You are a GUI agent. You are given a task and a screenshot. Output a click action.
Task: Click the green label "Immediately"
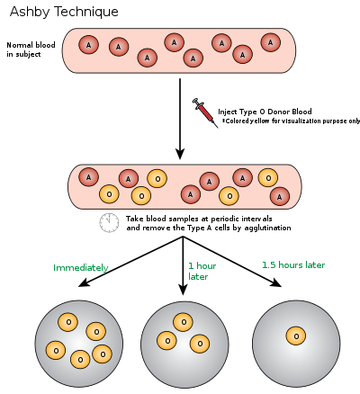tap(81, 268)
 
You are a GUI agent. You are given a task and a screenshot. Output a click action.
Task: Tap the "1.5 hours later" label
tap(293, 265)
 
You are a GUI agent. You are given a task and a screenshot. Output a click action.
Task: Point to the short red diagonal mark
tap(205, 112)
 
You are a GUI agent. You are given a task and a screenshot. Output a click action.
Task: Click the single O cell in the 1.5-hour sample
tap(296, 336)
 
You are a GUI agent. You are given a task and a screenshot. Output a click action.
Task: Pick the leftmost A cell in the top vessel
tap(88, 45)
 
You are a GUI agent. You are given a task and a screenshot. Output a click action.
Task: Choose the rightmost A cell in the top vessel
tap(270, 42)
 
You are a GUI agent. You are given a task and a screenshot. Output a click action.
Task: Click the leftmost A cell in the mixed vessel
tap(88, 177)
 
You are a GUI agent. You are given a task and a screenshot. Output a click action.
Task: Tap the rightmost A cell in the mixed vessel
tap(279, 196)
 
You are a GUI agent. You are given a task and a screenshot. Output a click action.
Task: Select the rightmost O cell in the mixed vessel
tap(267, 177)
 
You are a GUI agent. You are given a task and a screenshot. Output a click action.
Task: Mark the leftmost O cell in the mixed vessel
tap(109, 193)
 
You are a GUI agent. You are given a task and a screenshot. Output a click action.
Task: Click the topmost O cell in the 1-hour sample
tap(184, 322)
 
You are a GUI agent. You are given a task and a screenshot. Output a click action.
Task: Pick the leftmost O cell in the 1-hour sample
tap(166, 340)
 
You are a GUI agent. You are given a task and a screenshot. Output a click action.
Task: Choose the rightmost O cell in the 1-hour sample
tap(200, 344)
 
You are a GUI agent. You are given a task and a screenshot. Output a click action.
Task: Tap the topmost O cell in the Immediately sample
tap(68, 322)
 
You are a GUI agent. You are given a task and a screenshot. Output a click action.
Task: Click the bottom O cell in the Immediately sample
tap(80, 360)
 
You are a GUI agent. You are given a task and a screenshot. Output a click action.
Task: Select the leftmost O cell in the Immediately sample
tap(56, 350)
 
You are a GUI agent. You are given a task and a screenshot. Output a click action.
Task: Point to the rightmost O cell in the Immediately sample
tap(102, 354)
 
